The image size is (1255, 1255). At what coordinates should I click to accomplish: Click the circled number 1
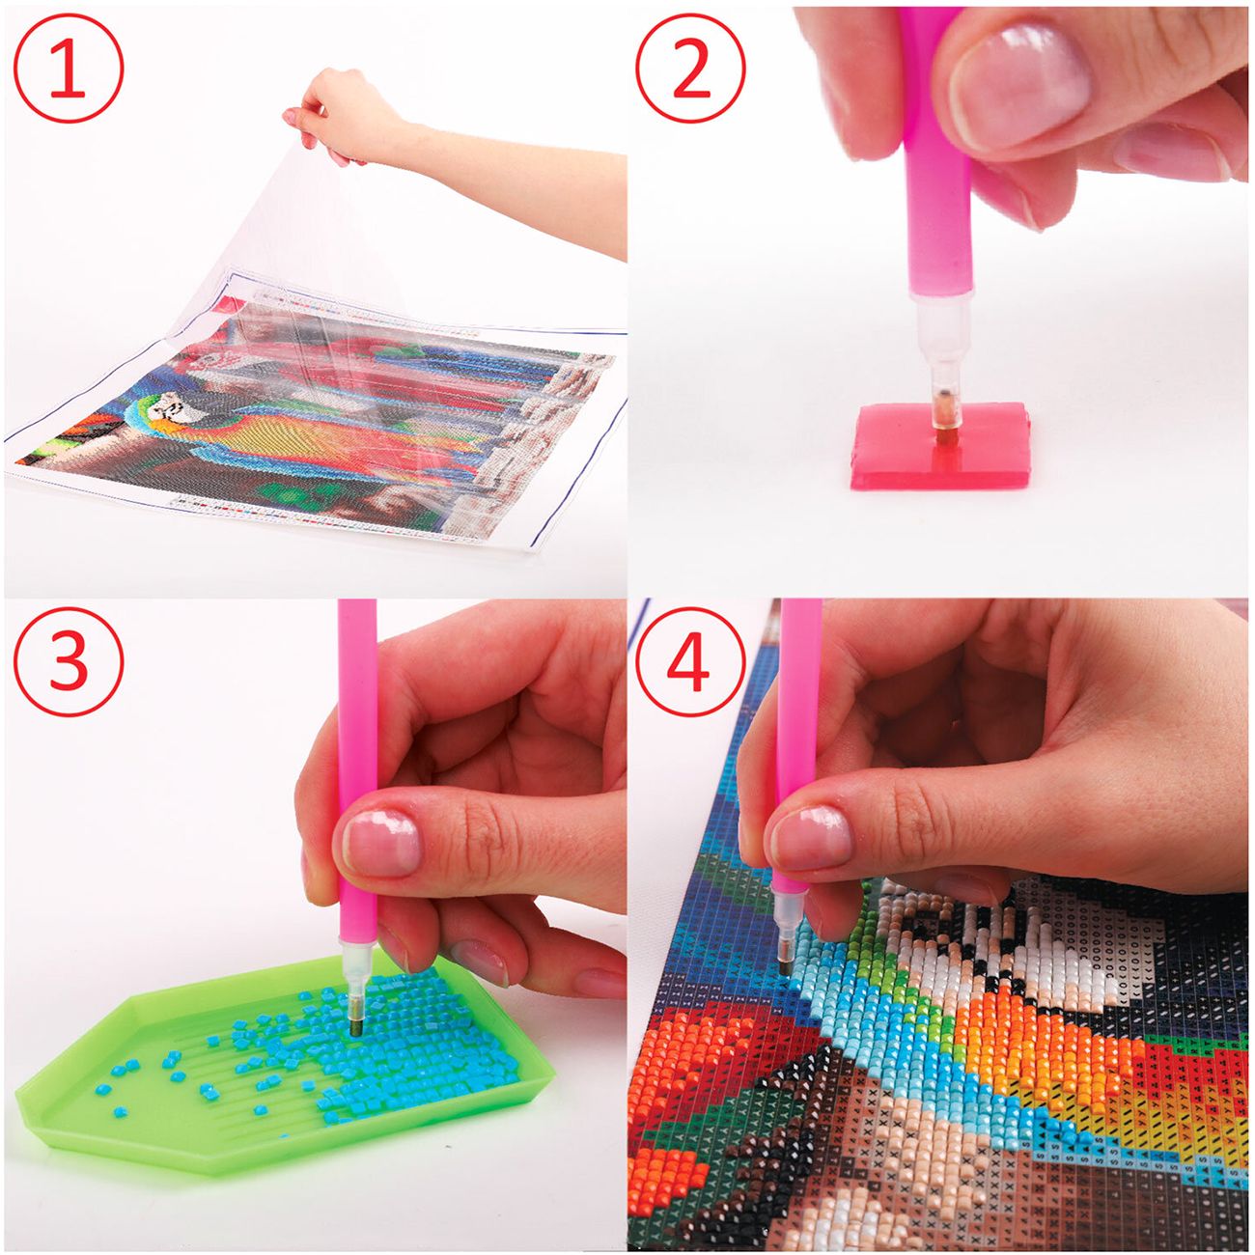70,69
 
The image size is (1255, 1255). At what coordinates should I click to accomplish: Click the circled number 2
690,69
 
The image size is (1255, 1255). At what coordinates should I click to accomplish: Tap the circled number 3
70,662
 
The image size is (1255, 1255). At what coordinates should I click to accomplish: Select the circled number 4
690,662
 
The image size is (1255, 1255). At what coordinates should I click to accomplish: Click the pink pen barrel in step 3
357,782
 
